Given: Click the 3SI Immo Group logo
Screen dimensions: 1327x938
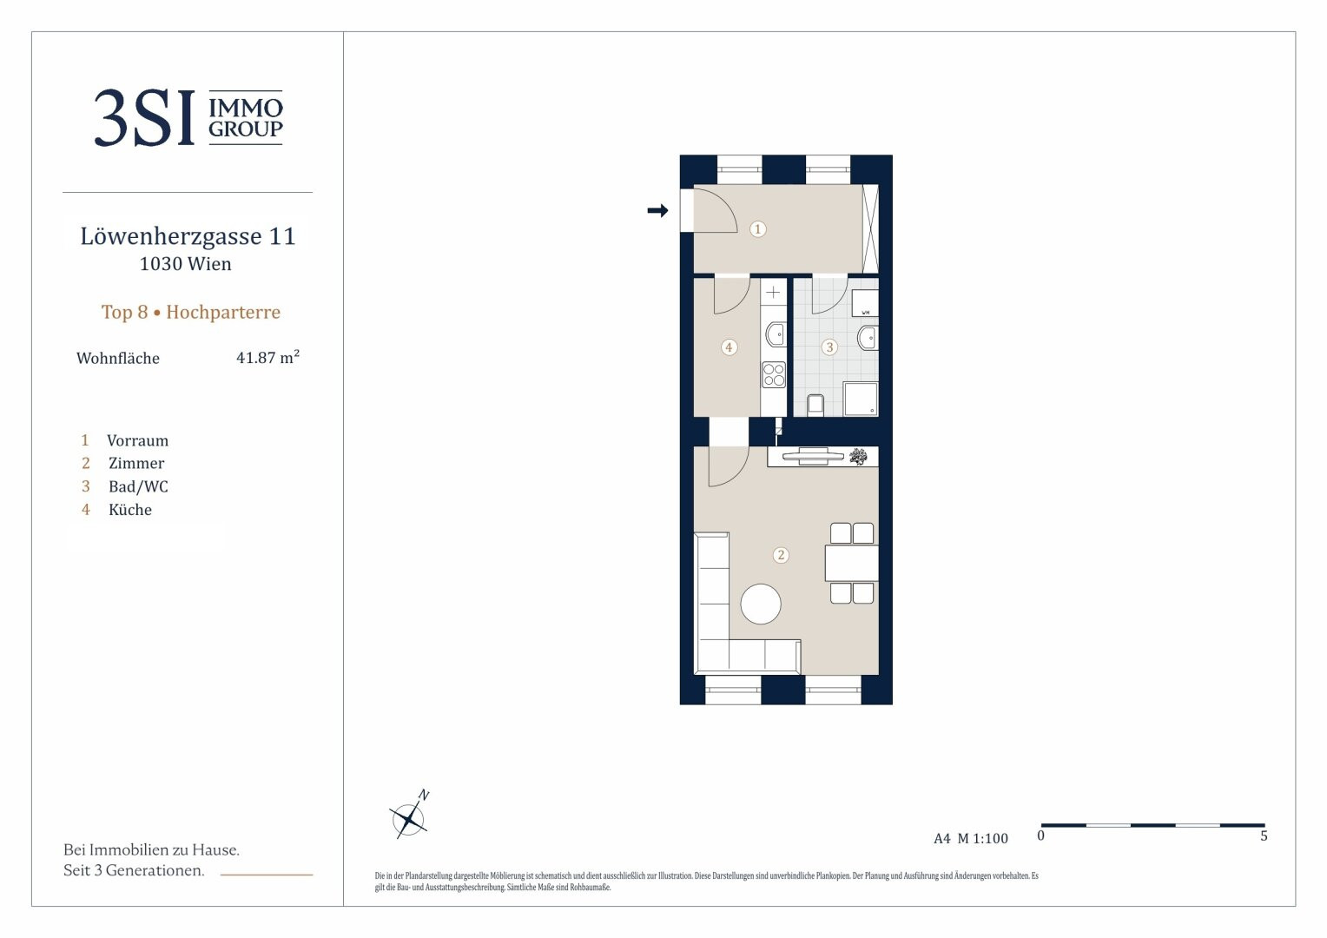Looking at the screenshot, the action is (x=188, y=117).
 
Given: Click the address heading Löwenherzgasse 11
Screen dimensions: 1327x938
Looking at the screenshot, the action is (x=188, y=236).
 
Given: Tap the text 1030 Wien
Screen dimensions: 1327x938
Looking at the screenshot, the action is (x=186, y=264).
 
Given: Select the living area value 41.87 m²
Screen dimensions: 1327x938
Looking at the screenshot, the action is (x=267, y=357).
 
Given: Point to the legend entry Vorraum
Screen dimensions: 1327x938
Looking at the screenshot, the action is (x=137, y=440).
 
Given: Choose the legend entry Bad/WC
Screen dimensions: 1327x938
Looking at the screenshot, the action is (x=138, y=486).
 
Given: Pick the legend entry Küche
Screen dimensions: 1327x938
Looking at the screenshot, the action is (x=129, y=510).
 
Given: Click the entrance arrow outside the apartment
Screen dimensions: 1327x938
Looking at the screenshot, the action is (x=657, y=210).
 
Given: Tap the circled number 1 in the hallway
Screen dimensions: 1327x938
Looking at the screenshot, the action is (x=757, y=228).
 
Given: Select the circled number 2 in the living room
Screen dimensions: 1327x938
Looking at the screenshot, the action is (x=781, y=555).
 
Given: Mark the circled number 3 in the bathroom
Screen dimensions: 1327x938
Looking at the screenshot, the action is (x=829, y=347).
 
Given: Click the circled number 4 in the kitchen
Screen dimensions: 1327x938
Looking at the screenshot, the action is (x=729, y=347).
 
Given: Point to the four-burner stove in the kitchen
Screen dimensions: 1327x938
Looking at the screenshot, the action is (x=774, y=374).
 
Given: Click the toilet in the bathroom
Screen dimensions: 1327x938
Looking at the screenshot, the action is (x=815, y=405).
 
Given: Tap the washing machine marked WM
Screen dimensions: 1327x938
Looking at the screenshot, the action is (x=865, y=303).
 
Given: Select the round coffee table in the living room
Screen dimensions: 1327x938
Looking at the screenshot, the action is (x=761, y=604).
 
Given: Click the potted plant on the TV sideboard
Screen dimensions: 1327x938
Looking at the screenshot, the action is (x=858, y=456).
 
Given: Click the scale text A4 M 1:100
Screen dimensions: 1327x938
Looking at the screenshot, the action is (x=970, y=838).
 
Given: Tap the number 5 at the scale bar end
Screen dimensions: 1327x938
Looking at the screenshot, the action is (x=1264, y=836).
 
